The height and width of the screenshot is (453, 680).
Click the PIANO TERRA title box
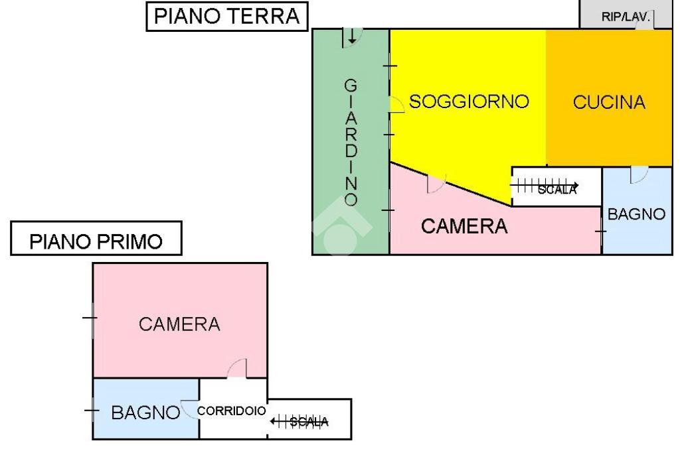pos(227,17)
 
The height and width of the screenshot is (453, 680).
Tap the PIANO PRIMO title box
pos(96,238)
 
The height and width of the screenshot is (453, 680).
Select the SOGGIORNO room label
pos(469,101)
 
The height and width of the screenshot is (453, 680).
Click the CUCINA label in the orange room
pos(609,102)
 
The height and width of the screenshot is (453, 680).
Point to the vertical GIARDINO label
pos(351,143)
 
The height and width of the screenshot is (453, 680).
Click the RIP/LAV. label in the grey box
pos(626,17)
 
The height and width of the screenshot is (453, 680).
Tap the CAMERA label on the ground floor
pos(464,226)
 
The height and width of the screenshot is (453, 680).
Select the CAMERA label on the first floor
pos(179,324)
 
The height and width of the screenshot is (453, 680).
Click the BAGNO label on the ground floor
pos(636,214)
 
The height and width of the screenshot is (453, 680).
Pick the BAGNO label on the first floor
pos(145,413)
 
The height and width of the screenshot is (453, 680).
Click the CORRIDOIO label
pos(232,411)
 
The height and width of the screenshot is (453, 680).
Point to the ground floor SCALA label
pos(557,189)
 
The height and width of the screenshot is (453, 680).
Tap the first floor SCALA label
pos(309,421)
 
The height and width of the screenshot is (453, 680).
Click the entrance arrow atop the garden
pos(352,36)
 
